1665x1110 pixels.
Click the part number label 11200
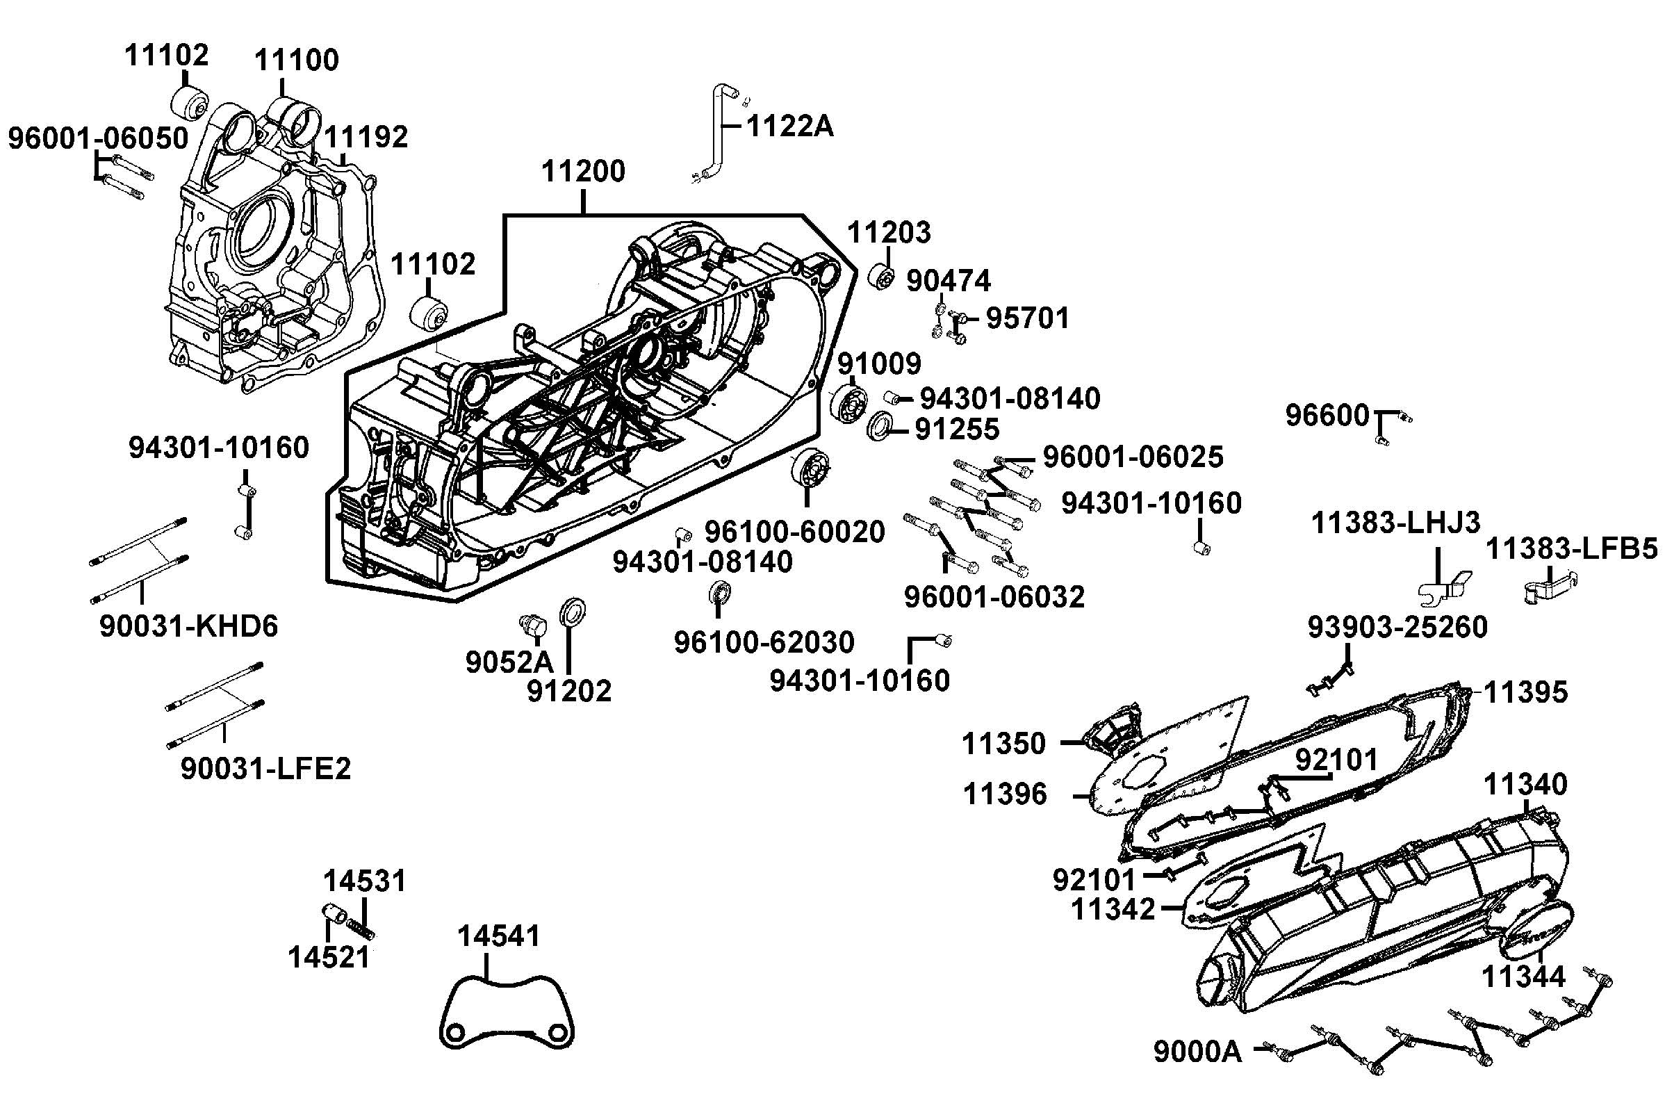(583, 171)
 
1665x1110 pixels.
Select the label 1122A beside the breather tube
(789, 126)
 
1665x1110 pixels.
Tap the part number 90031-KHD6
(188, 626)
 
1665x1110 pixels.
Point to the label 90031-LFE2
(265, 768)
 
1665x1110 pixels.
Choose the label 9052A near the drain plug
(509, 662)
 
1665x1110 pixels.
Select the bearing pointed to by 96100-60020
(809, 467)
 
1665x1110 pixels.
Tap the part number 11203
(889, 232)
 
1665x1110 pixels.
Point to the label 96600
(1327, 416)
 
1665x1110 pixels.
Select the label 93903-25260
(1397, 627)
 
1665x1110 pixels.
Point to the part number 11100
(297, 60)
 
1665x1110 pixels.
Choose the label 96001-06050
(99, 138)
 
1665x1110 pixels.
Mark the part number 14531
(364, 881)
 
